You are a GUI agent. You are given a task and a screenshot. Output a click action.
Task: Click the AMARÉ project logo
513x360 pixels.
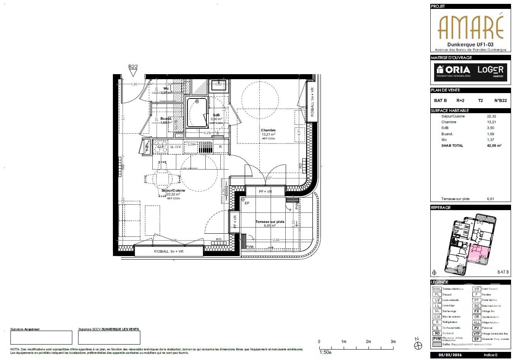tap(470, 26)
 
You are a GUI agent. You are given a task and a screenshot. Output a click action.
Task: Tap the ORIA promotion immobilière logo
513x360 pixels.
tap(453, 71)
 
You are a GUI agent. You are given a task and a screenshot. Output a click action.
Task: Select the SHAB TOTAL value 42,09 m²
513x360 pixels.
tap(494, 146)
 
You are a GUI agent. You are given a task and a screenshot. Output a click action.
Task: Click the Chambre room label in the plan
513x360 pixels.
tap(268, 130)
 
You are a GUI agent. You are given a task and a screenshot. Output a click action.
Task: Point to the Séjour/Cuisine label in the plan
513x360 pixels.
tap(173, 190)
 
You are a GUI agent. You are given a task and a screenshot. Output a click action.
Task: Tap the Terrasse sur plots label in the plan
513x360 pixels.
tap(269, 222)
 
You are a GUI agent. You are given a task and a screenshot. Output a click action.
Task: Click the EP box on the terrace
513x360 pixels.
tap(247, 203)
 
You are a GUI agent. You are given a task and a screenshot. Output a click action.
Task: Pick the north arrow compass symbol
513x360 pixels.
tap(417, 344)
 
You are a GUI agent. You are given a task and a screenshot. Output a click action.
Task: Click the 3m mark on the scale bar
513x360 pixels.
tap(393, 342)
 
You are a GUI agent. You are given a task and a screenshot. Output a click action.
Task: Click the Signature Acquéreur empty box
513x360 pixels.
tap(41, 337)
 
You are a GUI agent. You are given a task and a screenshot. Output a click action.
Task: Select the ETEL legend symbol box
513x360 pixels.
tap(436, 289)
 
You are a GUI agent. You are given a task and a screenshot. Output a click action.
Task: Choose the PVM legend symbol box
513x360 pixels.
tap(436, 339)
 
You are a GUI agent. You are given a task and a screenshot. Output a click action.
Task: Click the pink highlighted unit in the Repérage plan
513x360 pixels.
tap(479, 253)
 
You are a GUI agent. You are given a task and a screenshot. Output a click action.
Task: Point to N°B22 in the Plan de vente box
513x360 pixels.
tap(500, 100)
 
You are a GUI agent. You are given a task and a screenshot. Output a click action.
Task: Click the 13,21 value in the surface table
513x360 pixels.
tap(491, 122)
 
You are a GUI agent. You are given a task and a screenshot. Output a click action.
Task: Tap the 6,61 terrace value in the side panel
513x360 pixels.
tap(491, 199)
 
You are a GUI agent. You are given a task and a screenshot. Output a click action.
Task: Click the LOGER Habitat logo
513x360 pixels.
tap(490, 71)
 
